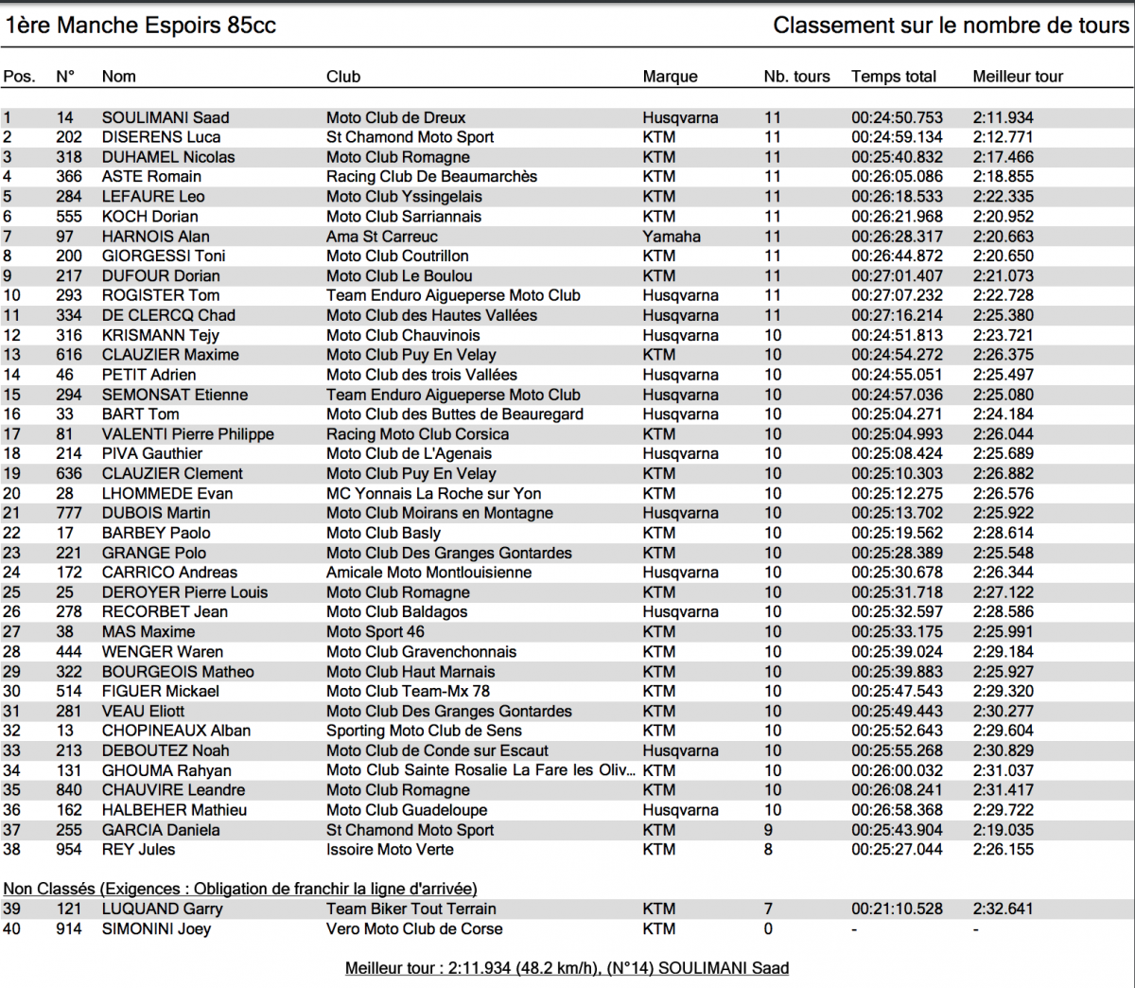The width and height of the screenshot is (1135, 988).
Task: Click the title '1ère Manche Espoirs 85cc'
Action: click(141, 26)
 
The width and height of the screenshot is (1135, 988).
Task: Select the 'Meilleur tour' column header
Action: click(1018, 77)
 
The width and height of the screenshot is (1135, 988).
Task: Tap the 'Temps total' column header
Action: click(894, 77)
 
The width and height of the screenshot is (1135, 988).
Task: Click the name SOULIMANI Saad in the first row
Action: click(166, 117)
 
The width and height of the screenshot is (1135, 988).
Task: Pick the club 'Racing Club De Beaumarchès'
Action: click(431, 177)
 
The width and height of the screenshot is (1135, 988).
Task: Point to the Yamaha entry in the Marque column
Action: click(672, 237)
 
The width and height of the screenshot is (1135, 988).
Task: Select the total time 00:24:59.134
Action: click(897, 137)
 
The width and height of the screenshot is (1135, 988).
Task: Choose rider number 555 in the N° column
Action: click(69, 217)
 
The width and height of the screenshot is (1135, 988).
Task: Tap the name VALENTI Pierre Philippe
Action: click(188, 434)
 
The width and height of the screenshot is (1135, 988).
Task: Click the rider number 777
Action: click(69, 513)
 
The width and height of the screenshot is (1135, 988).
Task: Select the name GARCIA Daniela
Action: click(161, 830)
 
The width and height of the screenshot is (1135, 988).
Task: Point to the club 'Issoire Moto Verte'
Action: click(390, 850)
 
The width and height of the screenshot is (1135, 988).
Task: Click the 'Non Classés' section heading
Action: click(240, 889)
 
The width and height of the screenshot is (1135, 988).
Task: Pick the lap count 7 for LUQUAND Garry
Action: click(769, 909)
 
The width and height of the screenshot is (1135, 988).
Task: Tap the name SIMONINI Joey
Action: click(156, 928)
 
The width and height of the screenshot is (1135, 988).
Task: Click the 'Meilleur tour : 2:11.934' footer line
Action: click(567, 968)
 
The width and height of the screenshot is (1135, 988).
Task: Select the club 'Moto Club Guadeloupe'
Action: click(407, 810)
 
